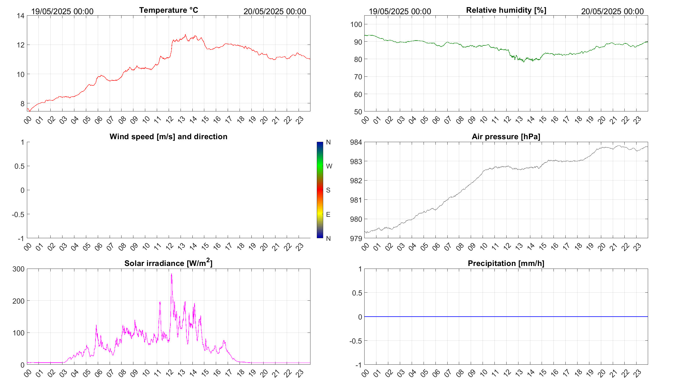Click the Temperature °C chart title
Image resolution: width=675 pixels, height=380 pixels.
(x=168, y=10)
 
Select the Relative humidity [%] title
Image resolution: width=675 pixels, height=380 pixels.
(x=506, y=10)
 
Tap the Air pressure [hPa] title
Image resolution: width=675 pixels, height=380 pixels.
(x=506, y=137)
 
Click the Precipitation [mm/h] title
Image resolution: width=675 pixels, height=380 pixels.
(x=506, y=263)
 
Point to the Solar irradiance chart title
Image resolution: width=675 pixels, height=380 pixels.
(x=168, y=263)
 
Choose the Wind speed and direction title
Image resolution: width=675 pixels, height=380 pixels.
(x=168, y=137)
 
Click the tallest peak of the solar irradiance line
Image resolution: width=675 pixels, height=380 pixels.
(x=172, y=274)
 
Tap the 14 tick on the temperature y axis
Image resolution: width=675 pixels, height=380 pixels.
(x=21, y=16)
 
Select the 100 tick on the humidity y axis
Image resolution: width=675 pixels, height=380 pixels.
(x=356, y=25)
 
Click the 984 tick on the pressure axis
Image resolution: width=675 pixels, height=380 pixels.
(x=356, y=142)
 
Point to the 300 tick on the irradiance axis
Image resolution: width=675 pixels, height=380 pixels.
(x=19, y=269)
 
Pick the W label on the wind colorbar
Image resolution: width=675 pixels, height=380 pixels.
(x=329, y=166)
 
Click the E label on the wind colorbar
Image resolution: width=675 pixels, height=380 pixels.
(x=328, y=214)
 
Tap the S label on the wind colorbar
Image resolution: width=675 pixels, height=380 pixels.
(x=328, y=190)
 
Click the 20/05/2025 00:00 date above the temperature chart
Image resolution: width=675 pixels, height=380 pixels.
(x=275, y=12)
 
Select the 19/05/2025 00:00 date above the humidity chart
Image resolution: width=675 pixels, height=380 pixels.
(x=400, y=12)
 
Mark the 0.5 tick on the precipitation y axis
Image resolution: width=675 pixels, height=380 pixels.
(x=357, y=293)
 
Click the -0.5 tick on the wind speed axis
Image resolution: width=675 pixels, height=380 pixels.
(x=18, y=214)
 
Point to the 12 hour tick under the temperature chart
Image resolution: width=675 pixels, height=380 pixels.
(x=170, y=120)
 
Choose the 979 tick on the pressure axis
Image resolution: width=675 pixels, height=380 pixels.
(x=356, y=239)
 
